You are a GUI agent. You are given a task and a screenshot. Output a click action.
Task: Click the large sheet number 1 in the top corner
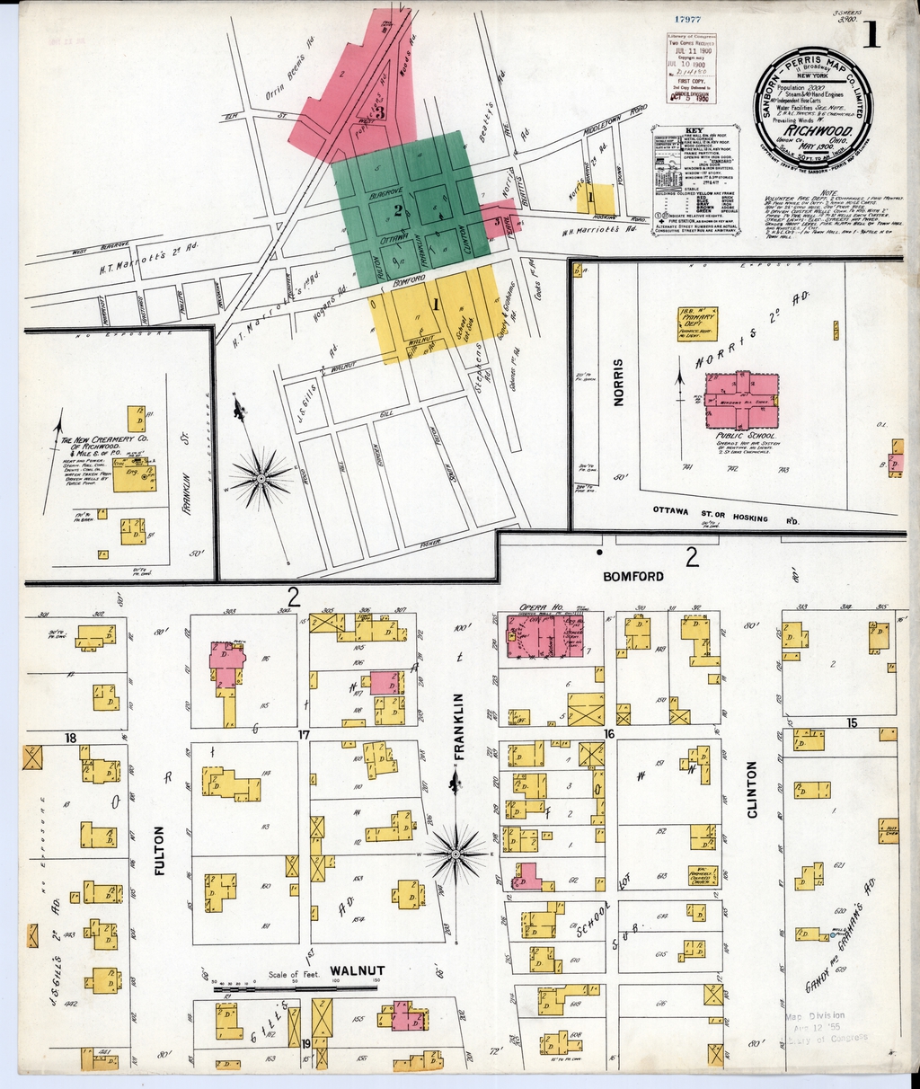(870, 35)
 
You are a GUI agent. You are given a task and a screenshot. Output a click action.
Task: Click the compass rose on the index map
(261, 478)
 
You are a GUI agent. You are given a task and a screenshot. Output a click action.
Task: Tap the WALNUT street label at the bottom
(357, 970)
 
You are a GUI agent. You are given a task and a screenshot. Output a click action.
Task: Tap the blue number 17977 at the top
(687, 18)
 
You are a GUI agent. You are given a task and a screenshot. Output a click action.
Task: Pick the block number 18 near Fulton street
(69, 739)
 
